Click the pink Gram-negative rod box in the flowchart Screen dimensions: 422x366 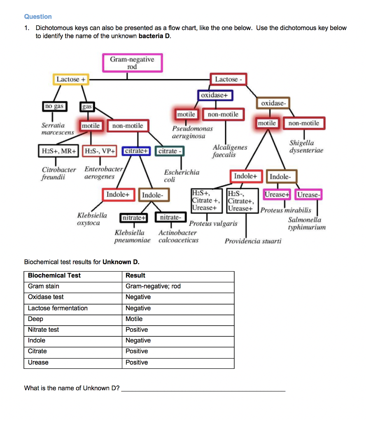(x=132, y=63)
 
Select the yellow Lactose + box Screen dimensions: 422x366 (x=72, y=79)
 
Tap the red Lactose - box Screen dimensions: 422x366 (x=228, y=79)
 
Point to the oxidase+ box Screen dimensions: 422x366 (x=216, y=96)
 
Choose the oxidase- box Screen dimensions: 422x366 (x=273, y=103)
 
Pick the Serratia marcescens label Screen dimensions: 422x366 (x=58, y=129)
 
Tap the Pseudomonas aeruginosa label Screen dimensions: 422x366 (x=192, y=132)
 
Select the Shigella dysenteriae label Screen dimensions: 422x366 (x=306, y=146)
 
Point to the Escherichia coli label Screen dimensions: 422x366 (x=182, y=176)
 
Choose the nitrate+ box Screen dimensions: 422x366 (x=133, y=217)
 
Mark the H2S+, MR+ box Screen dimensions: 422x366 (x=59, y=151)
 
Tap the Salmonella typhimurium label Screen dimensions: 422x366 (x=306, y=223)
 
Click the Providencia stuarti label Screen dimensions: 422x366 (x=253, y=241)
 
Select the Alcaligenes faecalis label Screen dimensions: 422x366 (x=230, y=151)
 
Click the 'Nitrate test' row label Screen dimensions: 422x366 (x=43, y=330)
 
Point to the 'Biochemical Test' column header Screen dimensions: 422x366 (x=54, y=275)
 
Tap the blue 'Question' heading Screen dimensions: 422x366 (x=38, y=16)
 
